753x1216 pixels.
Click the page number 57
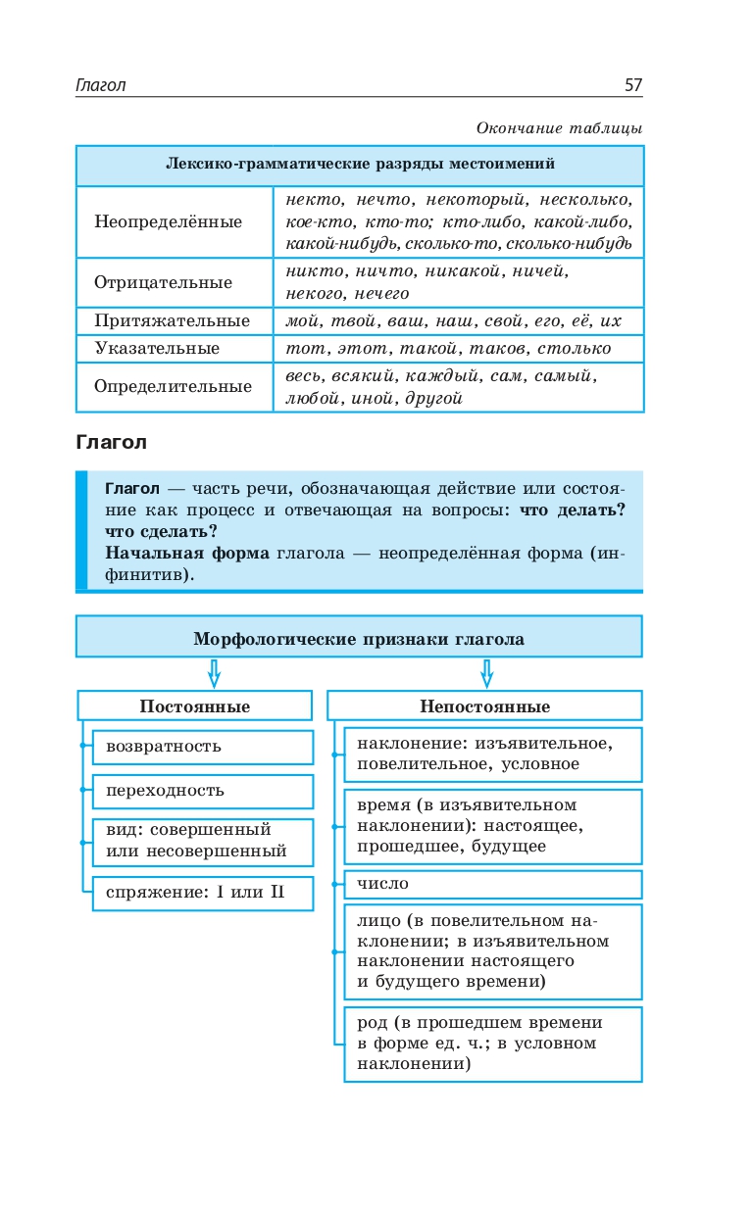click(x=632, y=85)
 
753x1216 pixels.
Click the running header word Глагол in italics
click(x=101, y=85)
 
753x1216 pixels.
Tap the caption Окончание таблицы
click(x=559, y=128)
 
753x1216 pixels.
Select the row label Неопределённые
click(x=168, y=221)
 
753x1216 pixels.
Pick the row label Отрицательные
click(x=163, y=282)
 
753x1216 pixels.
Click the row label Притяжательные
click(x=172, y=321)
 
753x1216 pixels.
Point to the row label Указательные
click(x=157, y=348)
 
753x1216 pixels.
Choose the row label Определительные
click(x=173, y=386)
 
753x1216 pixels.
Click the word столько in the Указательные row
click(x=576, y=348)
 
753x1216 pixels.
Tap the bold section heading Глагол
click(x=111, y=442)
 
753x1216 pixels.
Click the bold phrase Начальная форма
click(x=186, y=553)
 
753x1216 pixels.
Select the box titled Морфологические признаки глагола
click(x=359, y=639)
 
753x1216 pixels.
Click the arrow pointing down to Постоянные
click(x=214, y=673)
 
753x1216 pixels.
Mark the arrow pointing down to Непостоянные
click(x=486, y=673)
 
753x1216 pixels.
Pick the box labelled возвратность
click(x=202, y=747)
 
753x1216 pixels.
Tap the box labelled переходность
click(x=202, y=791)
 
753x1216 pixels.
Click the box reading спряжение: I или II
click(x=202, y=893)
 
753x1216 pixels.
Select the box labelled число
click(x=492, y=884)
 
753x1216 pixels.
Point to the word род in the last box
click(x=373, y=1022)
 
